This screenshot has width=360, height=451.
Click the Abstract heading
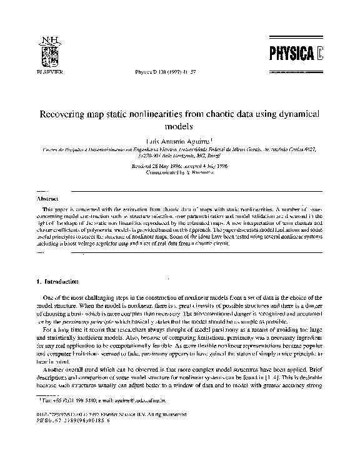49,197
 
